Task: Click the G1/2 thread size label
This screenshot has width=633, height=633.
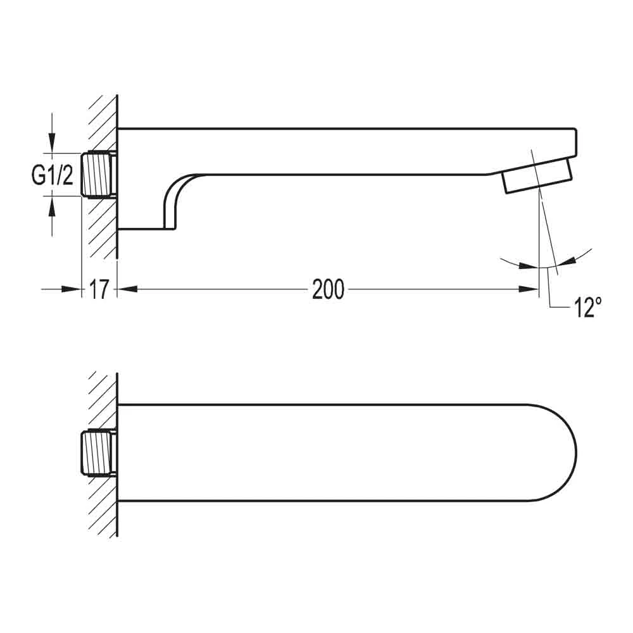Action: click(x=53, y=175)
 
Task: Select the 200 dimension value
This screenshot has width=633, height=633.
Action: click(x=328, y=290)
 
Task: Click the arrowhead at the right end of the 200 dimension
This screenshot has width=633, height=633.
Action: click(x=529, y=289)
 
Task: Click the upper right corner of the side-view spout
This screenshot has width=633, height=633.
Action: click(x=575, y=132)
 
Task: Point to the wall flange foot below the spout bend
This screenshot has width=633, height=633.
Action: click(x=146, y=229)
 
